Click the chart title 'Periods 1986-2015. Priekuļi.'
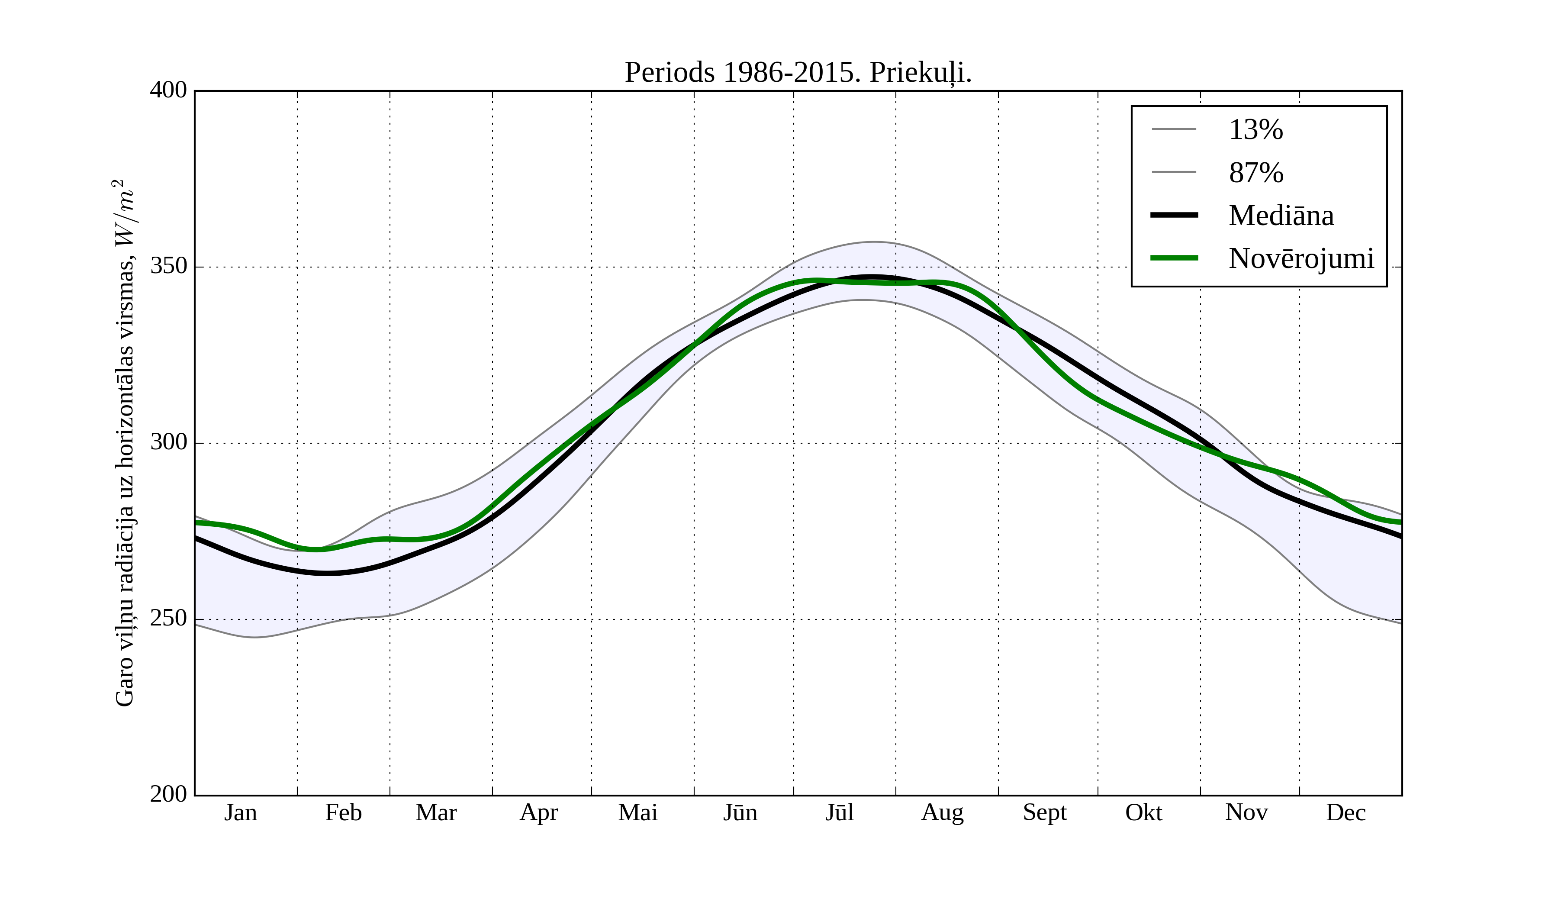pyautogui.click(x=798, y=73)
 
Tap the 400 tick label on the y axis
pyautogui.click(x=168, y=90)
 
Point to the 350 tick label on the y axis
pyautogui.click(x=168, y=267)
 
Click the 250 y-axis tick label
pyautogui.click(x=168, y=619)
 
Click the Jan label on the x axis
pyautogui.click(x=241, y=812)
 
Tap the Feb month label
pyautogui.click(x=343, y=812)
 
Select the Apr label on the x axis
pyautogui.click(x=538, y=812)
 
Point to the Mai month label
pyautogui.click(x=637, y=812)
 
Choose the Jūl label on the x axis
pyautogui.click(x=840, y=812)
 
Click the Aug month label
pyautogui.click(x=942, y=812)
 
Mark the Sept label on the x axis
pyautogui.click(x=1045, y=812)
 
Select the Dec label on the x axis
pyautogui.click(x=1346, y=812)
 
